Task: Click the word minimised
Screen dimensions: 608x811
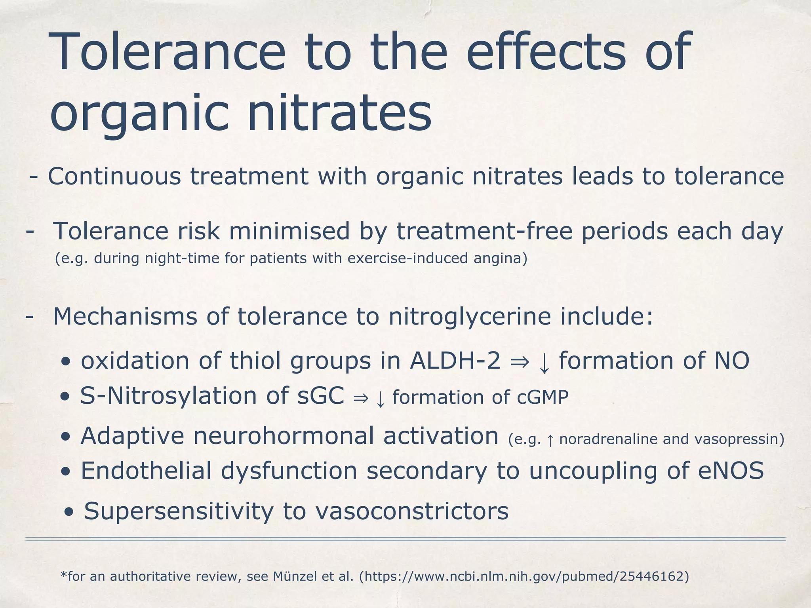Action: click(x=289, y=231)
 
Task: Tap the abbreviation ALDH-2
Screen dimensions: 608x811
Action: click(x=455, y=361)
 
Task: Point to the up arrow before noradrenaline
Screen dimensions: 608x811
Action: click(x=550, y=440)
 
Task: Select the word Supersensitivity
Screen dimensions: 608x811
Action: click(x=179, y=511)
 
